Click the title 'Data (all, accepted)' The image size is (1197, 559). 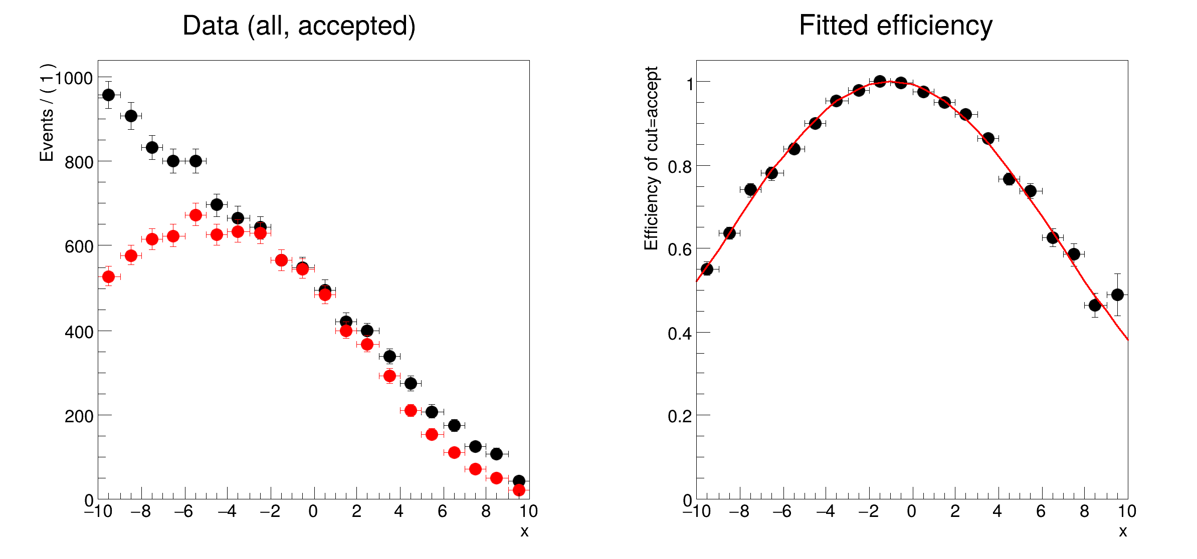299,26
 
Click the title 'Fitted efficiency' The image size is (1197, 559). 895,26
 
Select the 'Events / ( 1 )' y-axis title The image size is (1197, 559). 47,112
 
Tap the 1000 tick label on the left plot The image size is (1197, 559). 74,79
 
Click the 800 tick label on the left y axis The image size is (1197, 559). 79,163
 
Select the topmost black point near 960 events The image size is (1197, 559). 108,95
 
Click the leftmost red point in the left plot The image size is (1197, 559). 108,276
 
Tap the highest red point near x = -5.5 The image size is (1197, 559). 195,215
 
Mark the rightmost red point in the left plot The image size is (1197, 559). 519,490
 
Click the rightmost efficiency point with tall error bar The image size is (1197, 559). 1117,295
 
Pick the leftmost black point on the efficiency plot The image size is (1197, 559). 707,269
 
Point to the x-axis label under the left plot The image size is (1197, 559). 524,531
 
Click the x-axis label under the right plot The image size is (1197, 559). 1123,531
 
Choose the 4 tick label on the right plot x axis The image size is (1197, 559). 997,511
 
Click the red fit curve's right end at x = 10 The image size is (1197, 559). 1128,340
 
